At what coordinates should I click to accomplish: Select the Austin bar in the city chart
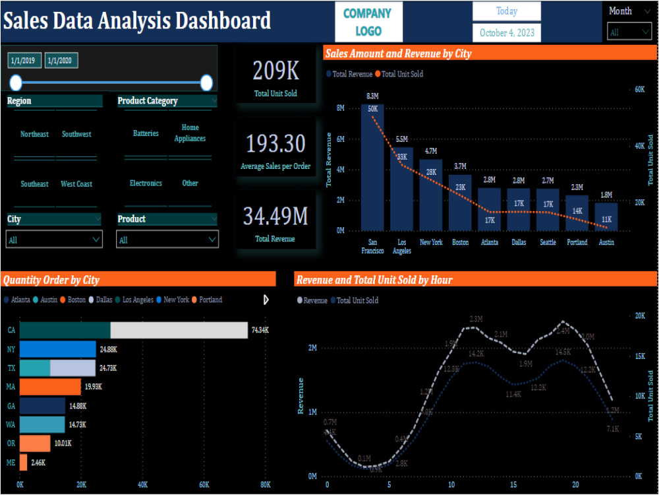(606, 218)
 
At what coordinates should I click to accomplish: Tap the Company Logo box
(367, 22)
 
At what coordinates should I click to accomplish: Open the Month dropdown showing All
(629, 32)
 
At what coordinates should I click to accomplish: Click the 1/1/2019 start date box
(23, 61)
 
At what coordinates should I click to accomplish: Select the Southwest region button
(76, 134)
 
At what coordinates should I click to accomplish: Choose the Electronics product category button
(146, 183)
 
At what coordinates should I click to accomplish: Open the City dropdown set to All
(54, 239)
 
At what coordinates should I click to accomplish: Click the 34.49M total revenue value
(275, 216)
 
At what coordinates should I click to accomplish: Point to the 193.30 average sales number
(275, 143)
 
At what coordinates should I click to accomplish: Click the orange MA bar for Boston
(50, 387)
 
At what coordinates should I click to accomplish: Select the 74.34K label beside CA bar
(260, 330)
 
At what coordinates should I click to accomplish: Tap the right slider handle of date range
(206, 82)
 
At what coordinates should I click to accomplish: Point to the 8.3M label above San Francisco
(372, 96)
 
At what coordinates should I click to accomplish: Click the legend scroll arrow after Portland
(266, 300)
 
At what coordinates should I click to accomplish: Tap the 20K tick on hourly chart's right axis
(639, 316)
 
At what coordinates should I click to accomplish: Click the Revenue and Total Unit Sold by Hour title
(374, 280)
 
